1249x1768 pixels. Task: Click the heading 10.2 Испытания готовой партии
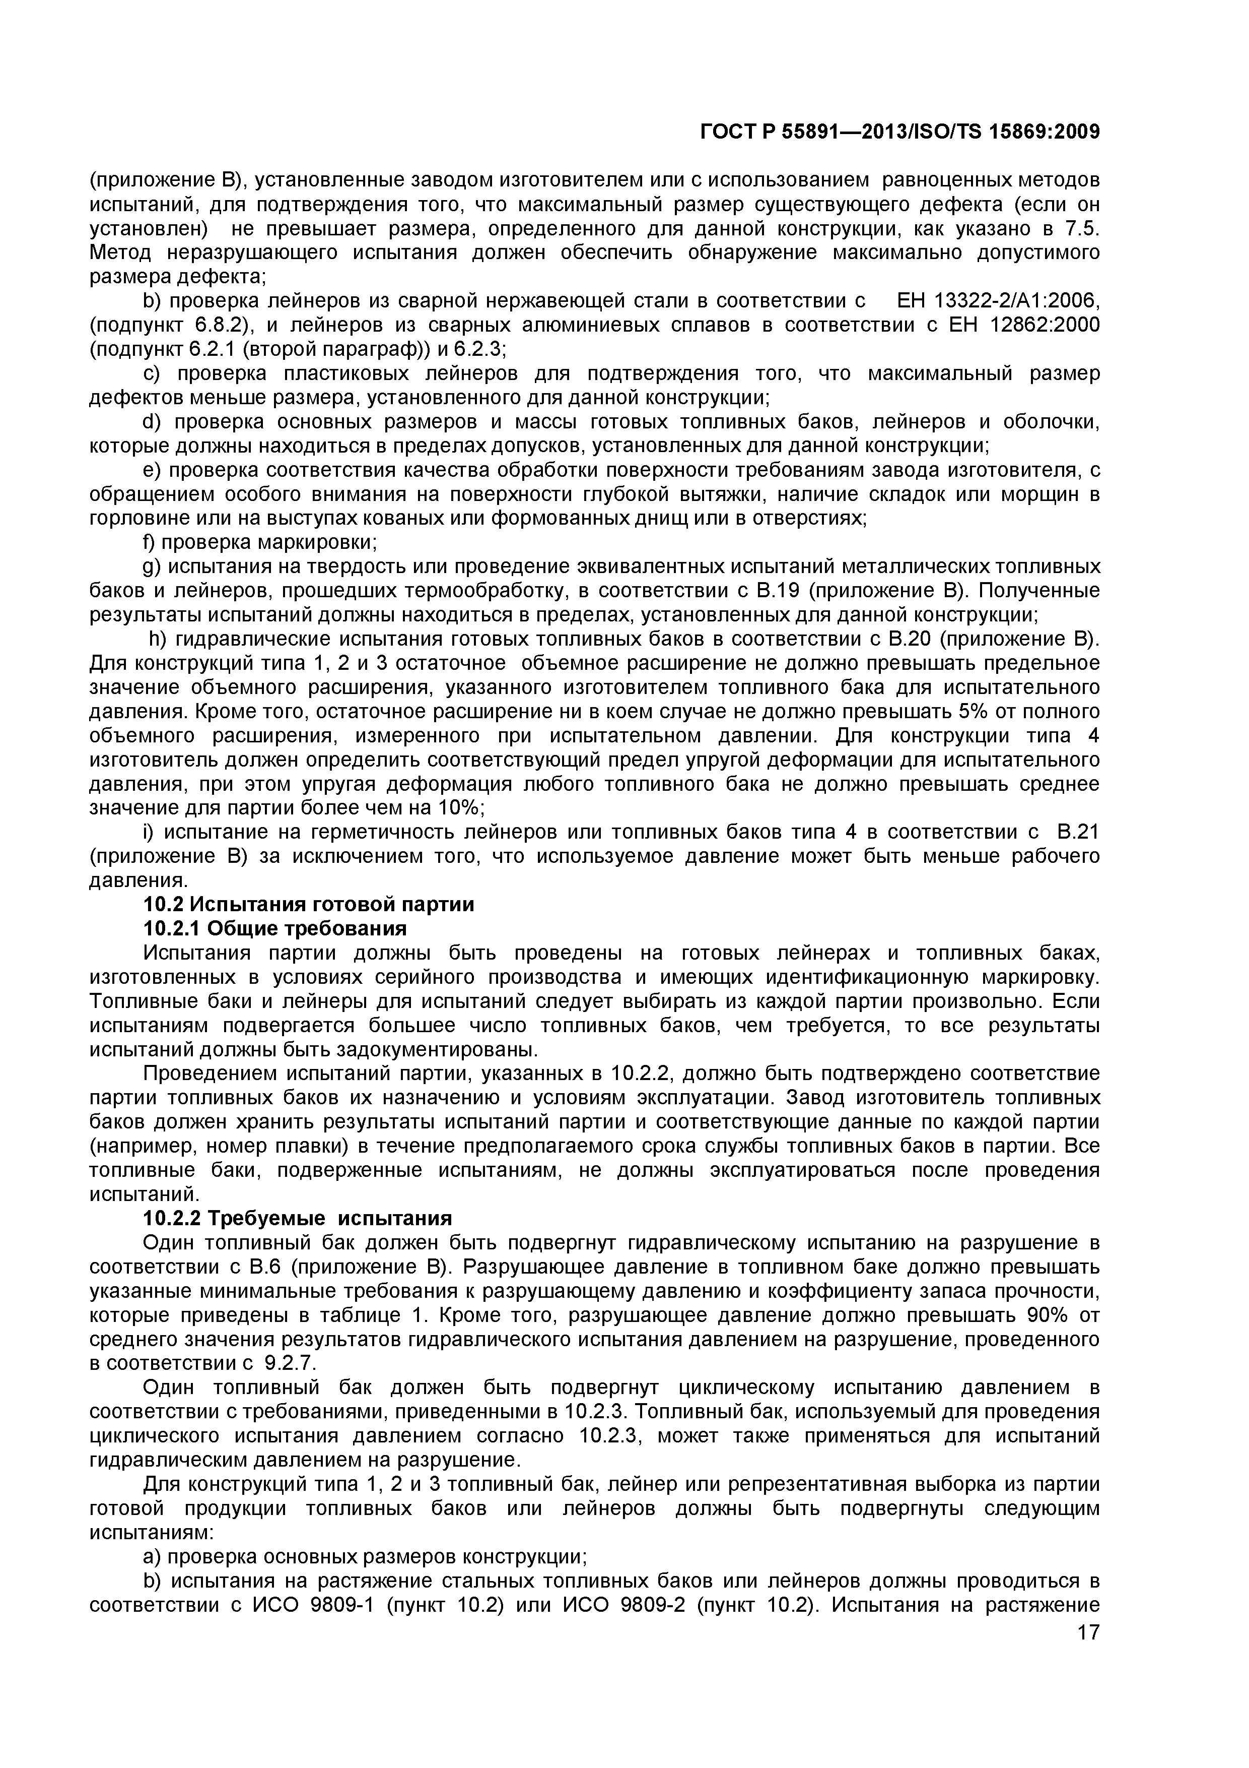click(x=309, y=904)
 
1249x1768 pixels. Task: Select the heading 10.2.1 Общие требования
click(x=275, y=929)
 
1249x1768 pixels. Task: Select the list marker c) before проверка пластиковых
click(x=152, y=373)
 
